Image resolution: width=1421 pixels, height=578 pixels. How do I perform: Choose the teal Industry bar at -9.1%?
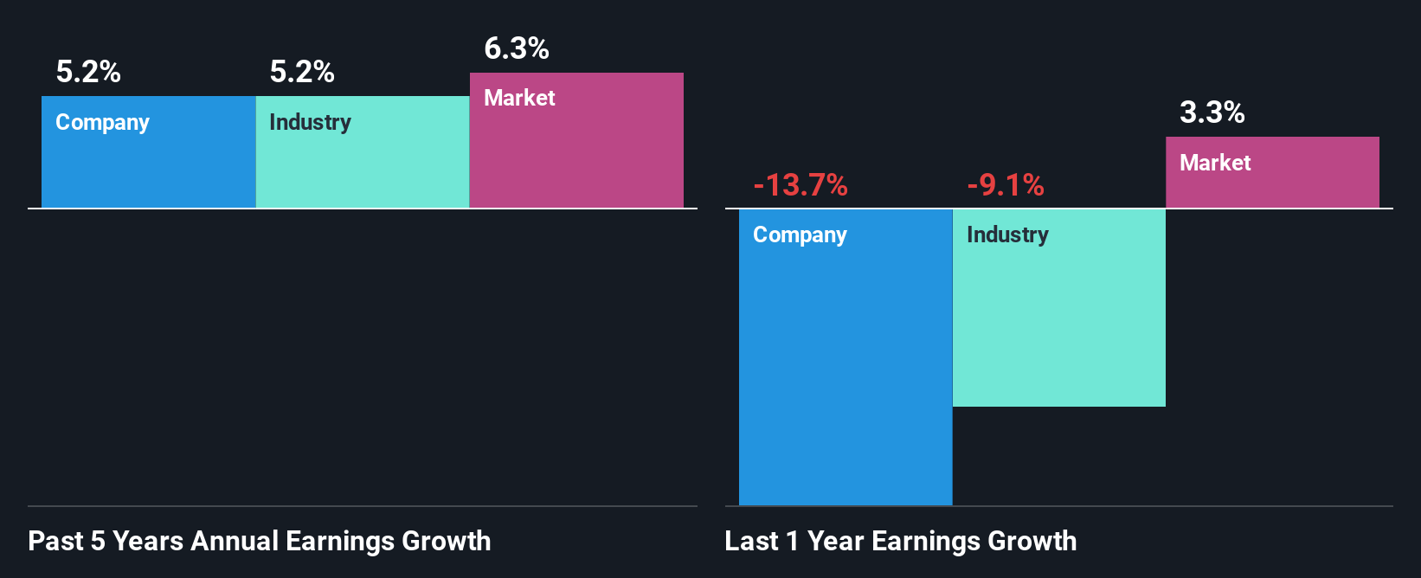(1058, 320)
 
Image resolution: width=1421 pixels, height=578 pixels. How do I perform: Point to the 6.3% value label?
(517, 48)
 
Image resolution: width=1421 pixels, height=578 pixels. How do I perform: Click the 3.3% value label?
(1212, 112)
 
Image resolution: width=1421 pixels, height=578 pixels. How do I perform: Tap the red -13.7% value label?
(801, 185)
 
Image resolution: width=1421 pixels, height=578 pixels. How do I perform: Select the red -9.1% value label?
(1006, 185)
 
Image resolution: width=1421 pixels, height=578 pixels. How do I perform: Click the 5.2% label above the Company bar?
(88, 72)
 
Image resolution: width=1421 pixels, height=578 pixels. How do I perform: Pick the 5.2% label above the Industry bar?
(302, 72)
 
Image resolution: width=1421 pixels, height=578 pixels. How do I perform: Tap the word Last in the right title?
(751, 542)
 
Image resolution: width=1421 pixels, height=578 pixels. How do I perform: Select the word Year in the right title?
(835, 542)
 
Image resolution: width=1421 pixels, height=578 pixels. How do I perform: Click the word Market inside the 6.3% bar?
(519, 98)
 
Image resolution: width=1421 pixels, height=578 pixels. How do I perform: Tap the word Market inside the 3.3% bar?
(1215, 163)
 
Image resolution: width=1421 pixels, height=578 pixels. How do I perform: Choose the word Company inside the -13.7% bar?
(800, 235)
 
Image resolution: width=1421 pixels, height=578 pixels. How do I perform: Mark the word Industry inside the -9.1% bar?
(1007, 234)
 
